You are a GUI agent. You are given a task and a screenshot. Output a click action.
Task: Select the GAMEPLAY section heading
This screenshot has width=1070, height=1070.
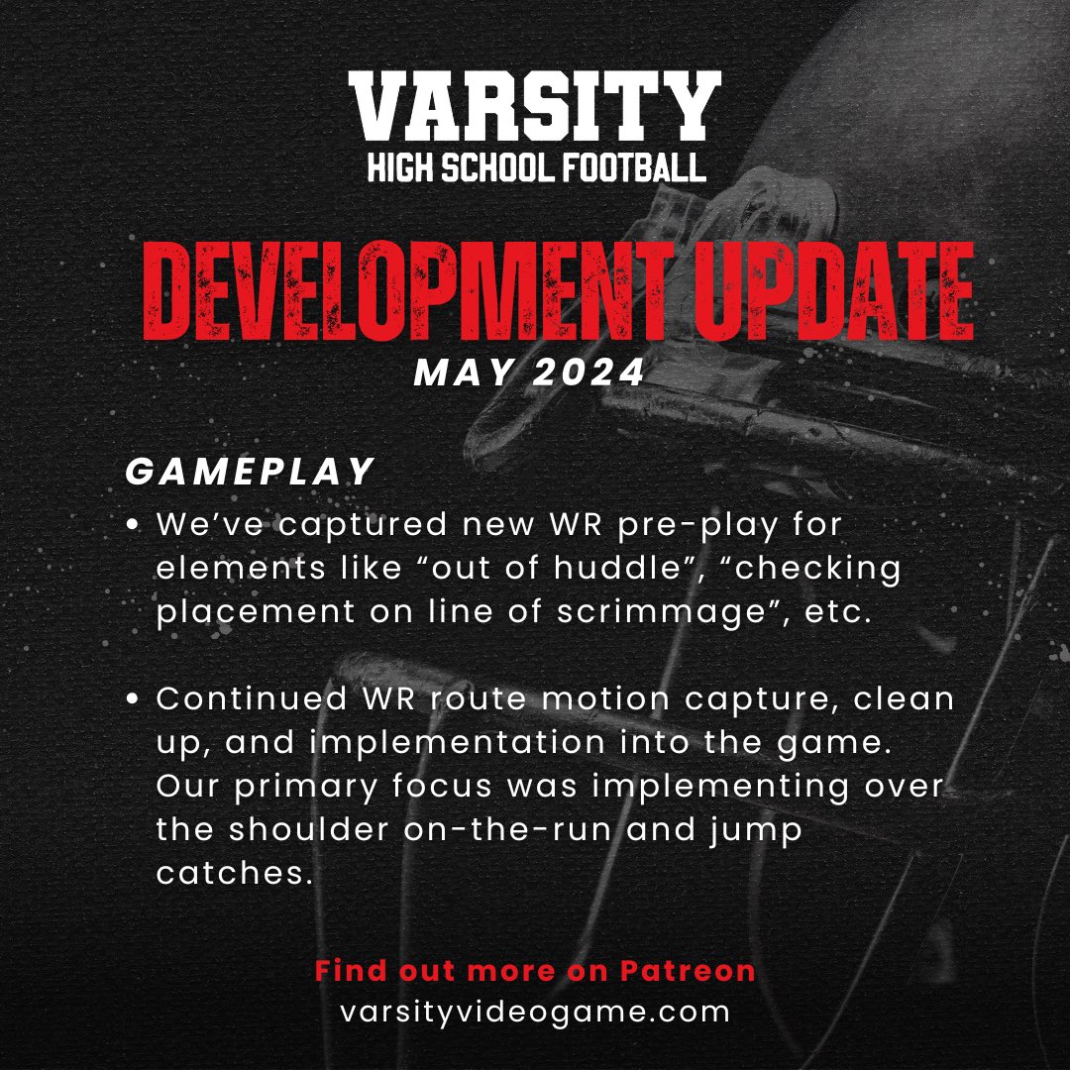pyautogui.click(x=250, y=473)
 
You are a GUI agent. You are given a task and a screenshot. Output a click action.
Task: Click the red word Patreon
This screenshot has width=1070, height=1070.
pyautogui.click(x=688, y=971)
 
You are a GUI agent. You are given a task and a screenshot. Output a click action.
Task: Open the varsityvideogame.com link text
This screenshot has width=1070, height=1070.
pyautogui.click(x=534, y=1013)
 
